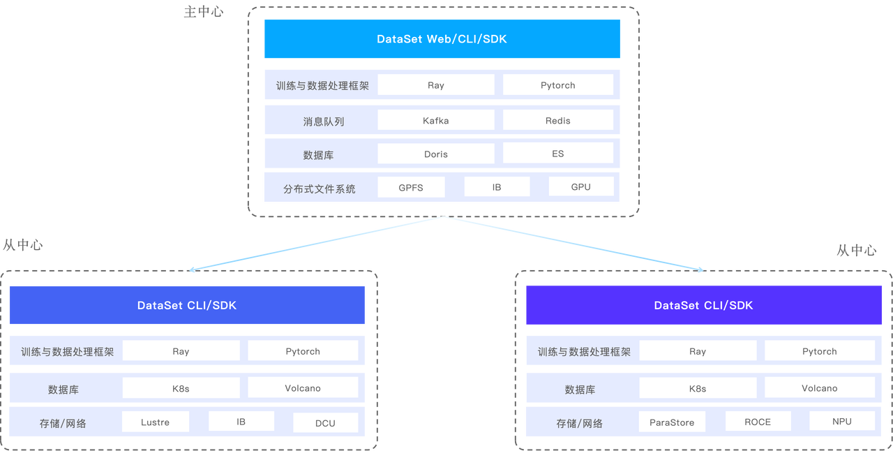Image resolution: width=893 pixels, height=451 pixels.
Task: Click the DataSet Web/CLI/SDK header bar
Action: click(x=442, y=39)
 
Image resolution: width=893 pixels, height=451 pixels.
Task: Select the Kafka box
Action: click(x=435, y=120)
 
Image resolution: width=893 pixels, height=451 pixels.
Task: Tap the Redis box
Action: click(x=557, y=120)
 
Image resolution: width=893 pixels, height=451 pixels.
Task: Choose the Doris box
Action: click(x=435, y=154)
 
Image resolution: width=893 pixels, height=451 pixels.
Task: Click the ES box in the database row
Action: click(x=557, y=153)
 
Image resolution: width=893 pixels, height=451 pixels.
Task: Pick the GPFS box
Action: click(x=410, y=187)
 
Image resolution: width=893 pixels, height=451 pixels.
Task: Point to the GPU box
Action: click(x=580, y=186)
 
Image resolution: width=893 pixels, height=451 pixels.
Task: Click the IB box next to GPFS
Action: click(x=496, y=187)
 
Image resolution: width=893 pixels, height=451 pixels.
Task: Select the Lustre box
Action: click(x=155, y=422)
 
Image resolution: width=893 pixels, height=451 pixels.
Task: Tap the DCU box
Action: click(x=325, y=423)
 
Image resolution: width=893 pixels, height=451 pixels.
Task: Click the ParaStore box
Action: click(x=671, y=422)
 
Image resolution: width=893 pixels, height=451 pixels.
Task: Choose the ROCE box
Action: click(x=757, y=422)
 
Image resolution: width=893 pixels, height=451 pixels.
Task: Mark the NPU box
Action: click(x=841, y=421)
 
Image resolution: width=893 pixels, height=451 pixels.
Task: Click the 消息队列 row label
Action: click(x=323, y=121)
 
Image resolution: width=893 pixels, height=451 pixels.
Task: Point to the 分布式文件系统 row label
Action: click(x=319, y=188)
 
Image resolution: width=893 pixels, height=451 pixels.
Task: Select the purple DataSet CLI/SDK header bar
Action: click(x=703, y=305)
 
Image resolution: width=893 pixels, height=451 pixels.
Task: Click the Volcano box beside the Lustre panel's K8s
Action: click(x=302, y=387)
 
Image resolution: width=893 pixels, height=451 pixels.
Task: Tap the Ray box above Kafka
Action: click(x=435, y=85)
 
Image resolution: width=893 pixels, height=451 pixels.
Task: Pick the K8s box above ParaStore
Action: click(x=697, y=388)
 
